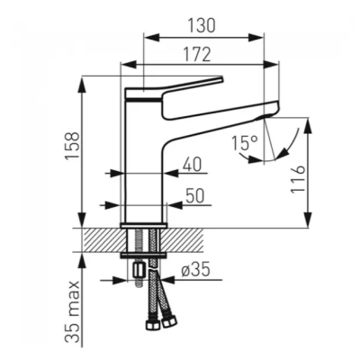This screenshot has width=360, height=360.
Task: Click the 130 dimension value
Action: (x=202, y=25)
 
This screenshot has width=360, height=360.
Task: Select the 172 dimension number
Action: (x=197, y=55)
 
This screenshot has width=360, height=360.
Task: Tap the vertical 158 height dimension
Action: (x=73, y=147)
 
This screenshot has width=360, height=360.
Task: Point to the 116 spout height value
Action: (x=298, y=180)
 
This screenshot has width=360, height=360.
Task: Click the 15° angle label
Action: (x=245, y=143)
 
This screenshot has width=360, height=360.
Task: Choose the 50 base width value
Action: (x=194, y=195)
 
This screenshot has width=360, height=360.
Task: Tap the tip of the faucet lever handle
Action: (x=222, y=78)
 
